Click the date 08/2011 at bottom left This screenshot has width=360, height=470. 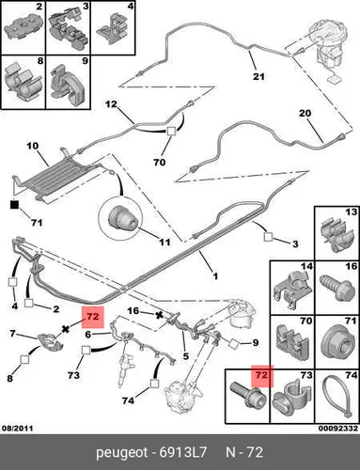18,428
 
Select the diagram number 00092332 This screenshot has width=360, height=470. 338,428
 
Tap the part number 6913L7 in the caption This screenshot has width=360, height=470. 183,452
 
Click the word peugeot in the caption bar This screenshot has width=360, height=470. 121,453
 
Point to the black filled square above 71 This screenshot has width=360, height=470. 14,205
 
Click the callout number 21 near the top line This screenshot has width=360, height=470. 258,76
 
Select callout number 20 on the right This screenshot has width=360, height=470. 305,113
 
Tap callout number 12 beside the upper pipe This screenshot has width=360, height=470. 111,103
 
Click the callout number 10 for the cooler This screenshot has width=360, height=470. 33,146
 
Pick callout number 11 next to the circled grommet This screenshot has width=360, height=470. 164,242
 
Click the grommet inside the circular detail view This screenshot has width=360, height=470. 122,218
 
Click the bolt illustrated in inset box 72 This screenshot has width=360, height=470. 248,395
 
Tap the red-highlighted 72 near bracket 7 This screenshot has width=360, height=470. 93,317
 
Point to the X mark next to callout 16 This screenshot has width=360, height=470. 160,315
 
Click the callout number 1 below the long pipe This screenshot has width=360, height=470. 215,276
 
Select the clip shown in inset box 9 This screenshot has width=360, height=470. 67,84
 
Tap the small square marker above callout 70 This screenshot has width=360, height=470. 171,131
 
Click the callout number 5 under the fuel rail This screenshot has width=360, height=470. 186,356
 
